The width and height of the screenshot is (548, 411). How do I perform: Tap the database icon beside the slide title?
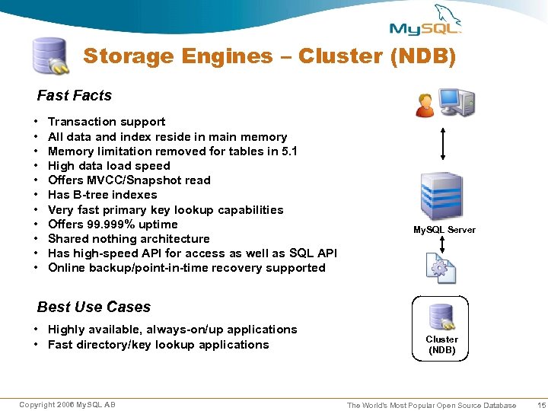pos(49,56)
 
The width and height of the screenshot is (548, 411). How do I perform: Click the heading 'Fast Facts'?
pos(75,96)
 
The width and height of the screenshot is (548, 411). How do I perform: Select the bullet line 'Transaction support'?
pos(107,122)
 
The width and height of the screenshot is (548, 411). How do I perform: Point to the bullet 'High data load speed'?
pos(109,166)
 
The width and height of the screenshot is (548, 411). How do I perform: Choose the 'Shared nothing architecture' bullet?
pos(129,239)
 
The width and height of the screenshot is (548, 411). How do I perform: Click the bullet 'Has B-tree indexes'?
pos(102,195)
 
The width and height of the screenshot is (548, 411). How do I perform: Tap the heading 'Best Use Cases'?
pos(94,307)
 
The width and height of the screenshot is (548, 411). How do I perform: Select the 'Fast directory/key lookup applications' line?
pos(158,345)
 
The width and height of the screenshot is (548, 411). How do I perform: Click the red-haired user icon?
pos(425,104)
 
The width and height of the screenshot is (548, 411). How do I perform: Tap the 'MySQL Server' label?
pos(444,230)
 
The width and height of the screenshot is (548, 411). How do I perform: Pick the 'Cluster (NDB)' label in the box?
pos(441,345)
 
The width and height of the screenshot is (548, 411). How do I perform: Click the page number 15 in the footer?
pos(541,405)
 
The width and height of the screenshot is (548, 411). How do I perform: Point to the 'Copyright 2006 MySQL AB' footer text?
pos(68,404)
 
